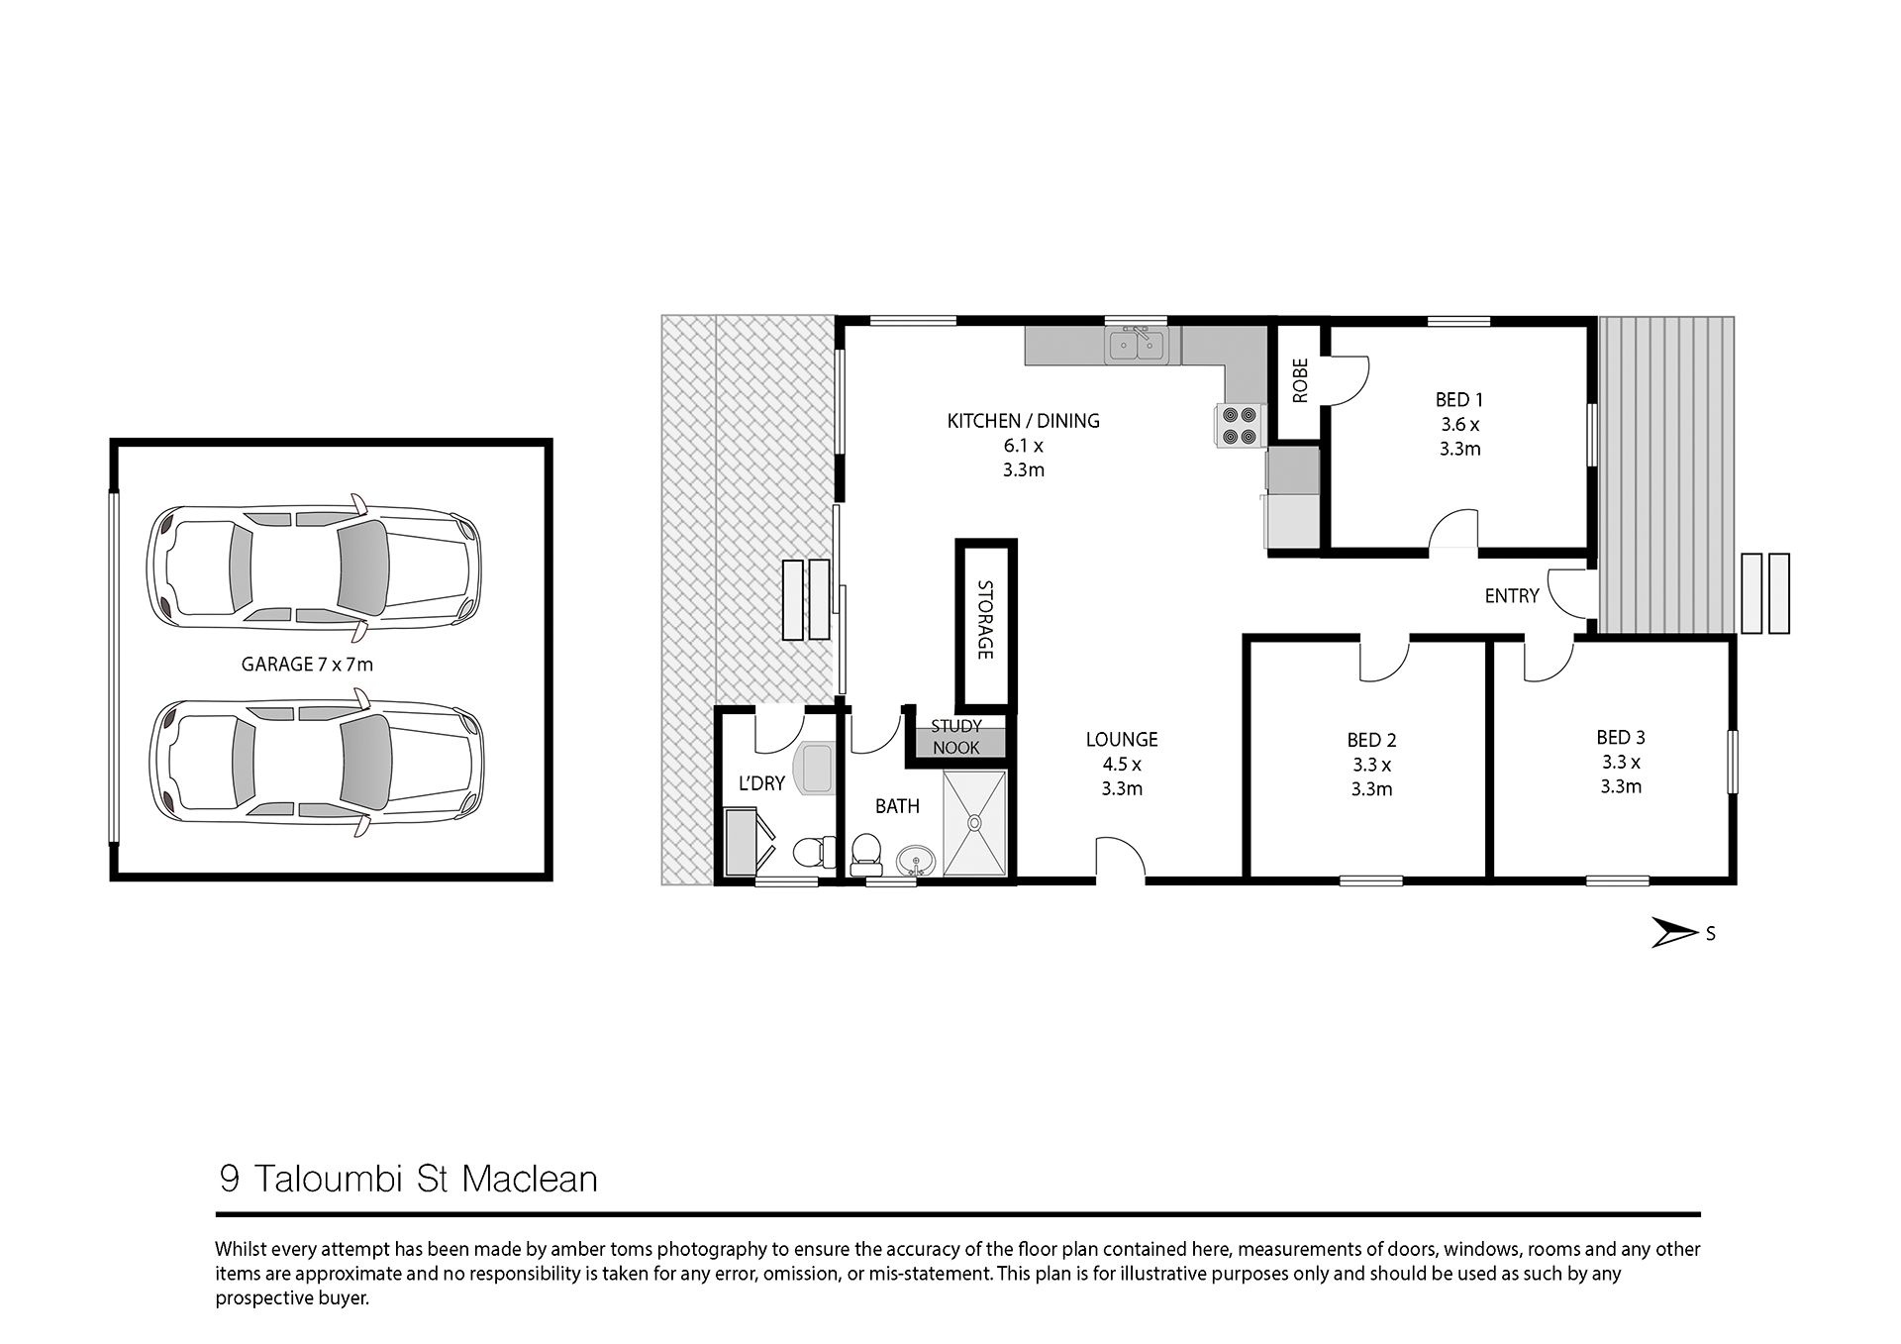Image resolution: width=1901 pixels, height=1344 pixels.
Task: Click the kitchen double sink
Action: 1138,345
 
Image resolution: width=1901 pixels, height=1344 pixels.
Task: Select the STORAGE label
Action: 985,620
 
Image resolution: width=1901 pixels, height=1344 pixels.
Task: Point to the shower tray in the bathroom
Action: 975,823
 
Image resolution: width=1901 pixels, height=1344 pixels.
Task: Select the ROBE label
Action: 1300,380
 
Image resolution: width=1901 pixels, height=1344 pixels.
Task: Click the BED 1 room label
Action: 1459,424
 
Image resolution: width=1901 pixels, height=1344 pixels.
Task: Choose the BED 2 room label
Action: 1371,764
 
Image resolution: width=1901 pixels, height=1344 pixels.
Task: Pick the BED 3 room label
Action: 1621,762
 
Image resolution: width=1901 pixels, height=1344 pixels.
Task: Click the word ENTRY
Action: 1512,596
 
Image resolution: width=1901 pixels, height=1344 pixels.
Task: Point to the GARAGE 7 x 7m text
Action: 307,665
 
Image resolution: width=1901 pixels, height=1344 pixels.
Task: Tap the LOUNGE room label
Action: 1122,764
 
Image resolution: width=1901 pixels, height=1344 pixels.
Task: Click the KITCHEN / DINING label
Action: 1024,445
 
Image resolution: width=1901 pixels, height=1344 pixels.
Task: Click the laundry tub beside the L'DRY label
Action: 817,769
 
